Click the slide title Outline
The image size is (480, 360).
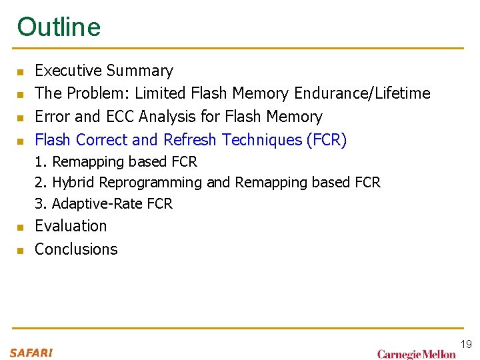pyautogui.click(x=59, y=27)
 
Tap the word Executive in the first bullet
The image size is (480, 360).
pyautogui.click(x=67, y=71)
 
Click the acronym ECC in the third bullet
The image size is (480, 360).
pyautogui.click(x=120, y=117)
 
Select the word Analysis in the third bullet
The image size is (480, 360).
pyautogui.click(x=165, y=117)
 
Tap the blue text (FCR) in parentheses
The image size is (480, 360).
pyautogui.click(x=327, y=140)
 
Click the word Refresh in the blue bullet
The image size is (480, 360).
pyautogui.click(x=191, y=140)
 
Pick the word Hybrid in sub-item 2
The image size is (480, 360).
pyautogui.click(x=73, y=183)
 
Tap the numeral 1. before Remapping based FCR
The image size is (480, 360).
pyautogui.click(x=41, y=162)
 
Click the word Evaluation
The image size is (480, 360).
pyautogui.click(x=71, y=226)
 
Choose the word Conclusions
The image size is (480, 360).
pyautogui.click(x=76, y=249)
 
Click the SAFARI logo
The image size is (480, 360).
pyautogui.click(x=31, y=352)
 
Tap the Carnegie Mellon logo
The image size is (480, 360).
pyautogui.click(x=416, y=354)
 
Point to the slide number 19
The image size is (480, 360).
pyautogui.click(x=466, y=344)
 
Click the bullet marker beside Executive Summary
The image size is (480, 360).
pyautogui.click(x=21, y=72)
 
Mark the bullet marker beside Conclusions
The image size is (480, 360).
pyautogui.click(x=21, y=251)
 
